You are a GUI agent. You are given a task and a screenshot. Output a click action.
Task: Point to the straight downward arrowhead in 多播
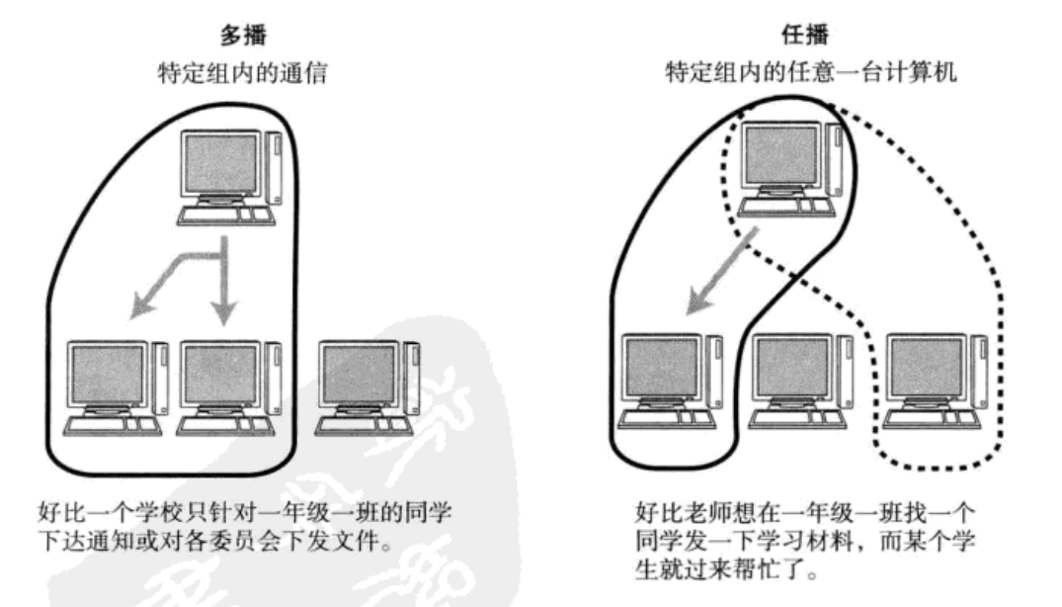point(225,311)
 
